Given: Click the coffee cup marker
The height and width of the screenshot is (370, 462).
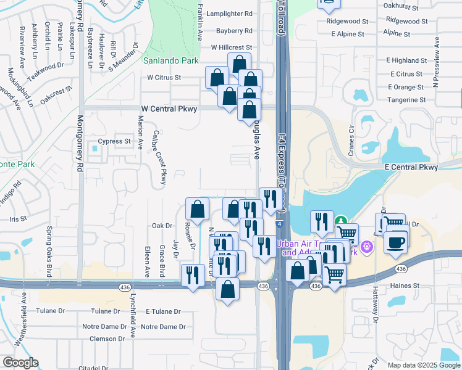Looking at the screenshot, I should point(395,241).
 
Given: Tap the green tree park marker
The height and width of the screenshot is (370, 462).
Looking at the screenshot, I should point(340,220).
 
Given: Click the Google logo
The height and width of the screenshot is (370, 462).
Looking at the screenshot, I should point(20,363).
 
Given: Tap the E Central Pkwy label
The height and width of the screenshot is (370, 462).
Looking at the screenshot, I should point(411,167).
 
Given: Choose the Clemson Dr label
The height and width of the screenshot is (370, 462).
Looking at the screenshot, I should point(107,339).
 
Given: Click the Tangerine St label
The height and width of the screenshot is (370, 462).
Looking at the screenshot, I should point(406,99).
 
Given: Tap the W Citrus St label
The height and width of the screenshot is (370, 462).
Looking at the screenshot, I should point(164,78).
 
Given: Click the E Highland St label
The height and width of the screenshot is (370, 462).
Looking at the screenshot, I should point(403,60).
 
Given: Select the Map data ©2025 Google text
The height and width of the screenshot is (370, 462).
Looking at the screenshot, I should point(424,364).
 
